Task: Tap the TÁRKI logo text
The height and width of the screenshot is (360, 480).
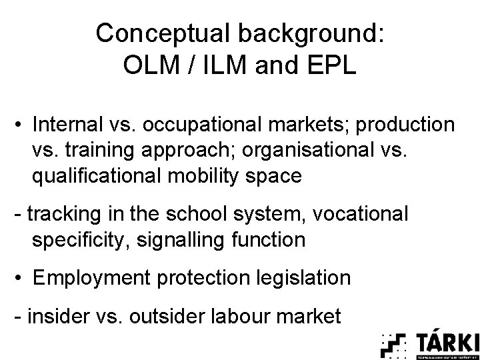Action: coord(447,342)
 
